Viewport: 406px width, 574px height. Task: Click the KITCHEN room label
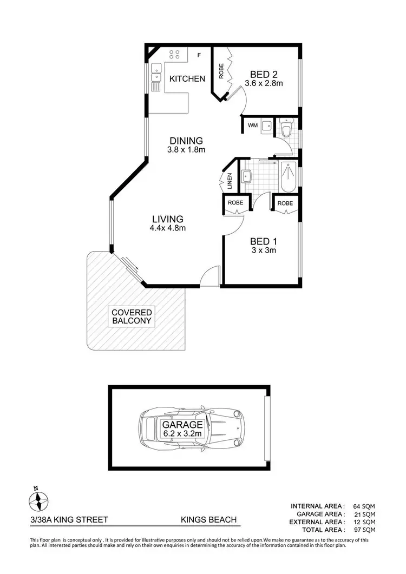point(187,79)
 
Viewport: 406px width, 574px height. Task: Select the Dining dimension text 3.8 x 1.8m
point(185,150)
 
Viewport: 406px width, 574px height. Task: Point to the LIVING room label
point(167,219)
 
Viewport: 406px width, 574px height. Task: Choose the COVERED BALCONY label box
point(132,316)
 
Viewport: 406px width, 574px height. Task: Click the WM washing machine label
point(252,126)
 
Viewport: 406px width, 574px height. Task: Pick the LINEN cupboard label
point(230,181)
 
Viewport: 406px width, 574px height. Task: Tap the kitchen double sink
point(156,69)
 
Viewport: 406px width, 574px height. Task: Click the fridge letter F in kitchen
point(199,55)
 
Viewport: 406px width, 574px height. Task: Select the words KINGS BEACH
point(208,520)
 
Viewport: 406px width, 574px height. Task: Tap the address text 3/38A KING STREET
point(69,520)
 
